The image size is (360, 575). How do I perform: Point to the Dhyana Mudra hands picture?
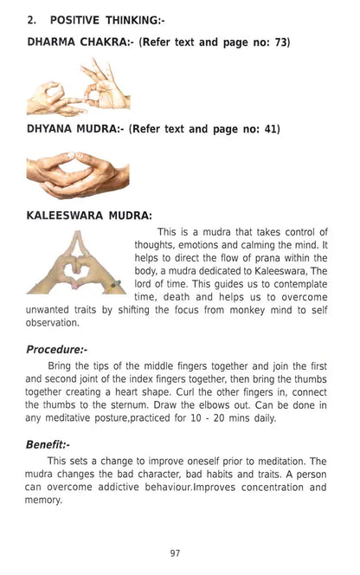78,174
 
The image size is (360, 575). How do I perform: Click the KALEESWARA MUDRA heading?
89,215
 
